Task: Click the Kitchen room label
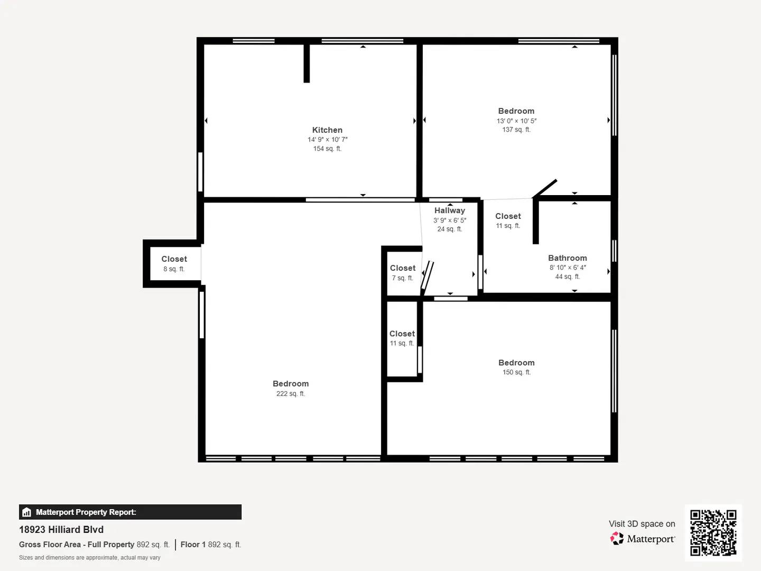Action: [x=327, y=130]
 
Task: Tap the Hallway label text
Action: [x=450, y=210]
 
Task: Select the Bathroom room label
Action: [x=567, y=258]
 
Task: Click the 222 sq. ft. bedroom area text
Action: [x=291, y=393]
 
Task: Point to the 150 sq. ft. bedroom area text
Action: [x=516, y=372]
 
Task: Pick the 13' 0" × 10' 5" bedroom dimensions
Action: [x=516, y=121]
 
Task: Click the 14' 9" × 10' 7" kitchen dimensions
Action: [x=327, y=140]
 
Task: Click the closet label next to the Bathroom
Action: [x=508, y=216]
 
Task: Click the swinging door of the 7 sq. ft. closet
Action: [x=427, y=278]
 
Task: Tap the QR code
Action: [x=713, y=532]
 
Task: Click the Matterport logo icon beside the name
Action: [x=617, y=539]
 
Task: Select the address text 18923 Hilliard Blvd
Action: [x=61, y=529]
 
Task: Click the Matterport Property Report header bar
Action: [x=130, y=512]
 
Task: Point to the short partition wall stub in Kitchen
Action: [x=307, y=63]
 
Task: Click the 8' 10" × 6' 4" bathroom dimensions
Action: [x=567, y=268]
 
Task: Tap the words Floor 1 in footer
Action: [x=193, y=545]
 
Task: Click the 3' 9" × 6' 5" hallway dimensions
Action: [x=450, y=220]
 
